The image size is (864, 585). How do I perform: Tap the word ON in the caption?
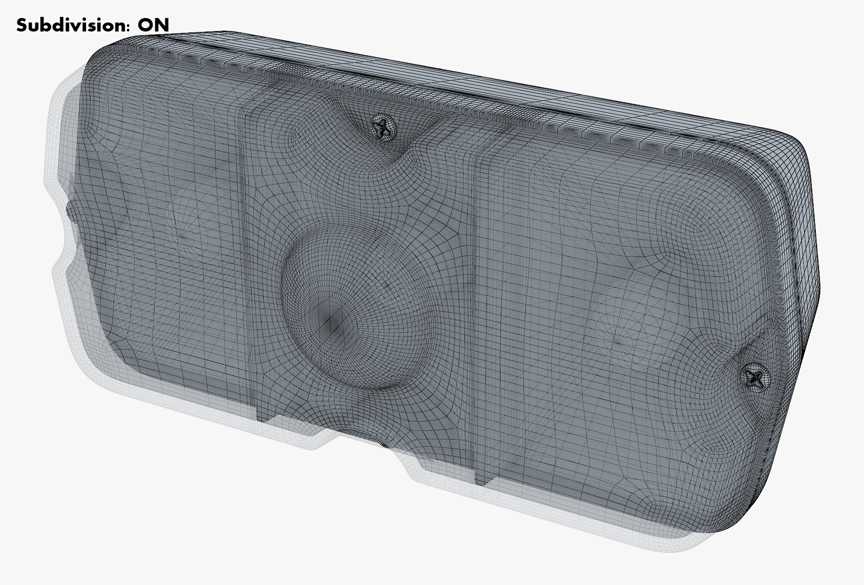[153, 25]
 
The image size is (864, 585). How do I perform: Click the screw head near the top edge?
[384, 127]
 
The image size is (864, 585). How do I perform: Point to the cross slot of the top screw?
[384, 127]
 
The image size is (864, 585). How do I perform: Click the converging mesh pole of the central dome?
[332, 320]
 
